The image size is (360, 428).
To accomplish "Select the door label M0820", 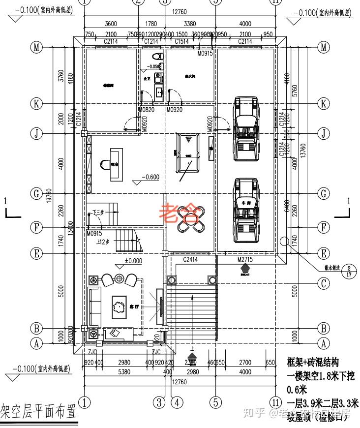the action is [x=147, y=110].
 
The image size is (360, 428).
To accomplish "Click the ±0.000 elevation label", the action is [x=133, y=261].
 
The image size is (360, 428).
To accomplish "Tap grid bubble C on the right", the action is [x=323, y=283].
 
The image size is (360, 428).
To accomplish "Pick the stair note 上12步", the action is [x=103, y=242].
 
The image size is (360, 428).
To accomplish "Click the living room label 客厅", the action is [x=134, y=306].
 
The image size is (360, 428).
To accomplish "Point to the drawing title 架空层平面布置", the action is [x=38, y=409].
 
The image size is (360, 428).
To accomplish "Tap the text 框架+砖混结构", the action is [x=313, y=363].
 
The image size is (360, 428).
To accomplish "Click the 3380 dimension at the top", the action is [x=190, y=23].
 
